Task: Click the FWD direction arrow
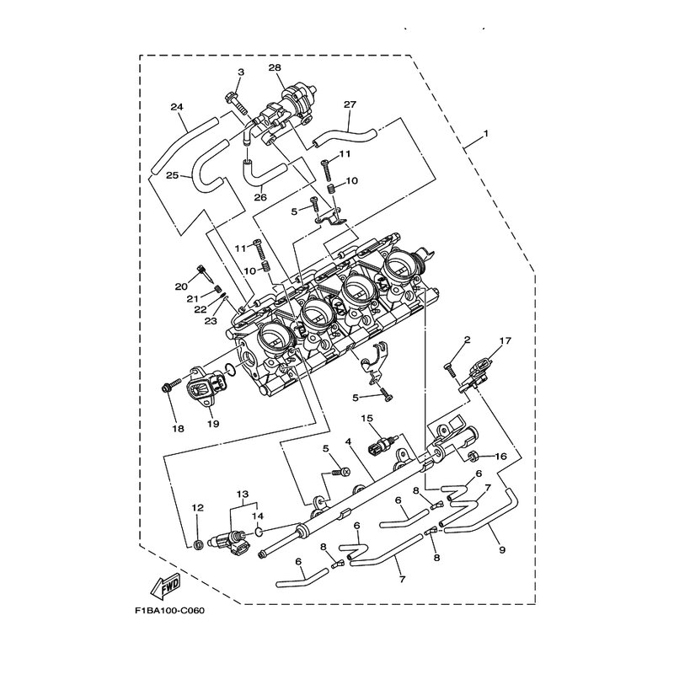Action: (x=166, y=586)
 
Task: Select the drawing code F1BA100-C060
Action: (x=169, y=611)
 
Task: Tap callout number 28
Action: (x=275, y=67)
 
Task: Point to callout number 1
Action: (x=486, y=134)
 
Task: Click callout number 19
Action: (x=213, y=424)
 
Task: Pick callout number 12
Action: (x=197, y=508)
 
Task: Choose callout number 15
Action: (x=367, y=418)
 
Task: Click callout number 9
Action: (x=502, y=549)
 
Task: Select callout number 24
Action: (x=177, y=107)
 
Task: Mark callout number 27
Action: (x=350, y=104)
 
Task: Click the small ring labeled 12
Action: (x=198, y=545)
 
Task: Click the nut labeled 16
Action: (x=472, y=455)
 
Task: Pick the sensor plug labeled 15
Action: (x=382, y=446)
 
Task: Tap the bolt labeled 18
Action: (x=172, y=385)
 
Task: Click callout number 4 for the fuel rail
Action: (x=348, y=441)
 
